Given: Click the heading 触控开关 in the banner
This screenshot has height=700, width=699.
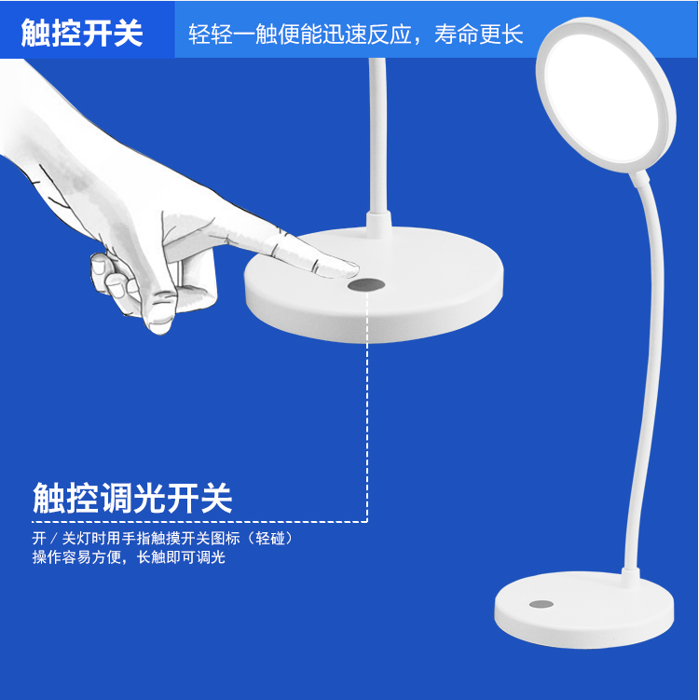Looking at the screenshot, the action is point(82,33).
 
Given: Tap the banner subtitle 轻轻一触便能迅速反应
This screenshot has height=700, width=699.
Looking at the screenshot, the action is point(299,34).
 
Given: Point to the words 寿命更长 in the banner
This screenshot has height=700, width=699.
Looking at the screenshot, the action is point(478,34).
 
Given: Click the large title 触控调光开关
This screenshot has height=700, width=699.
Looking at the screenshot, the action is point(132,498).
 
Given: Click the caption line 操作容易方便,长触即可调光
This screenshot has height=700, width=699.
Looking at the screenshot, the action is point(129,557).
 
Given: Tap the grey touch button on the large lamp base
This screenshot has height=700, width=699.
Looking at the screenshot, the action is point(366,285).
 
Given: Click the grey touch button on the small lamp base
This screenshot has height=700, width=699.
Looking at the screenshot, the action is point(541,605).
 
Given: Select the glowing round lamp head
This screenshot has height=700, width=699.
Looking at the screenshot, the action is point(605,95).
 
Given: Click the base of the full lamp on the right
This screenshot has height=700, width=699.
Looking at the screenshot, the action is point(584,610).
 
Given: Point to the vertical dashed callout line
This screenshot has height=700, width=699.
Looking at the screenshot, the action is point(367,406).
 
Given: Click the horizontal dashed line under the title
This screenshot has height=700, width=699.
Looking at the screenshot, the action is point(199,521).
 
